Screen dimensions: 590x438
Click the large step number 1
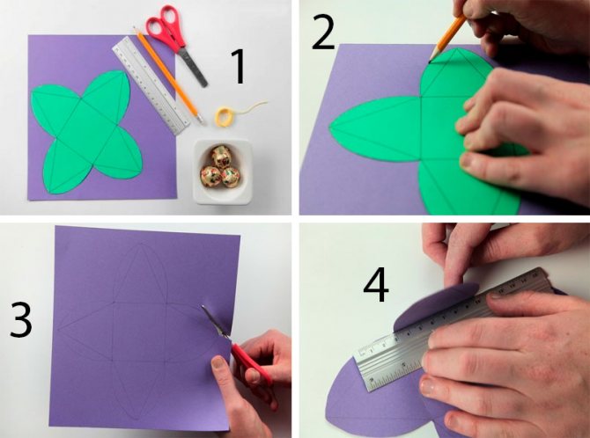point(238,67)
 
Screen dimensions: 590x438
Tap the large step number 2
point(323,33)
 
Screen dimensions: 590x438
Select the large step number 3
point(21,318)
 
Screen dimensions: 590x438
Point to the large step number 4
point(376,285)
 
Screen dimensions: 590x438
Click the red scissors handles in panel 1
point(166,26)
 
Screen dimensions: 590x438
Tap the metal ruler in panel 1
point(151,85)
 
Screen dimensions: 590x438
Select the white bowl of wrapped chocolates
point(222,171)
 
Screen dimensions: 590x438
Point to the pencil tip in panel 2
point(431,61)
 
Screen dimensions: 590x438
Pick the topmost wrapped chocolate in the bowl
point(222,156)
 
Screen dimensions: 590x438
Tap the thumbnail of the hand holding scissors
point(218,362)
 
